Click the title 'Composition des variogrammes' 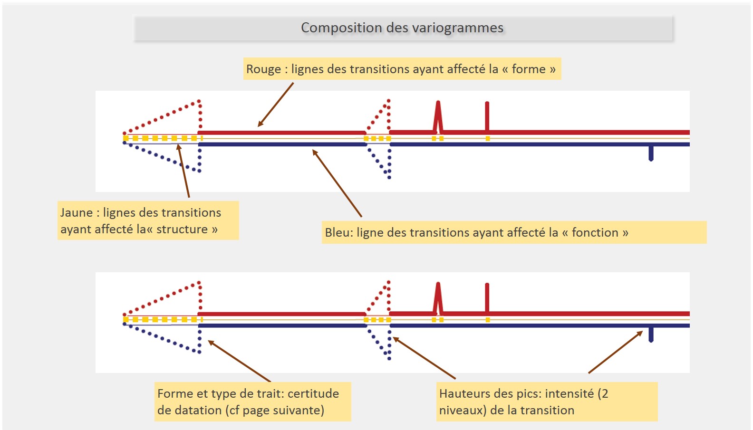click(x=402, y=28)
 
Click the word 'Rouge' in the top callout click(x=263, y=69)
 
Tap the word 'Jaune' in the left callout click(x=77, y=213)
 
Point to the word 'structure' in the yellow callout click(x=182, y=229)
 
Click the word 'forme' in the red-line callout click(x=528, y=69)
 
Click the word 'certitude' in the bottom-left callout click(x=313, y=394)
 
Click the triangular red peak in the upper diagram click(x=438, y=116)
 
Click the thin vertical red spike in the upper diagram click(x=487, y=116)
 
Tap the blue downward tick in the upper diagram click(x=651, y=153)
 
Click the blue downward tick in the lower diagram click(x=651, y=334)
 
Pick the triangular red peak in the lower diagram click(x=438, y=298)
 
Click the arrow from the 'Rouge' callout click(x=276, y=105)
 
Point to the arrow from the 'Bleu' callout click(x=337, y=183)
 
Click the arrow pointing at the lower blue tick click(x=616, y=352)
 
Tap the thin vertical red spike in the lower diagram click(x=487, y=298)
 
